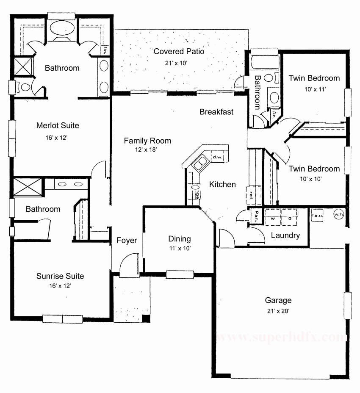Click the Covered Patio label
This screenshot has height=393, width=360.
click(179, 52)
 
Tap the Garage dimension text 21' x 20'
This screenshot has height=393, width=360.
click(278, 310)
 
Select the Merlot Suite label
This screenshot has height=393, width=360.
click(58, 125)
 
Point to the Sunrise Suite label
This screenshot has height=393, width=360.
click(60, 276)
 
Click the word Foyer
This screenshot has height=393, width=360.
click(127, 241)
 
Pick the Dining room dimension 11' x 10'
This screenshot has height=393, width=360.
click(180, 248)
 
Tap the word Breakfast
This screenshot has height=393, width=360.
click(216, 112)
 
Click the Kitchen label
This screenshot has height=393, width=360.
click(222, 184)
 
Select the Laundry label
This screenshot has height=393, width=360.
click(285, 235)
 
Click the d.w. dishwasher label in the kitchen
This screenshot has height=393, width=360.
click(218, 157)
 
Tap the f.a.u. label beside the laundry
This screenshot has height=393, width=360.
click(317, 215)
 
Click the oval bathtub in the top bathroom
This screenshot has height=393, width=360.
click(62, 28)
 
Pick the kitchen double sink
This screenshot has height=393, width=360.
click(200, 163)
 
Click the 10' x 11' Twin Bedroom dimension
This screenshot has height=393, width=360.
click(314, 89)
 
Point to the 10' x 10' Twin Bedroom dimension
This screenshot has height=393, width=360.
click(314, 179)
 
